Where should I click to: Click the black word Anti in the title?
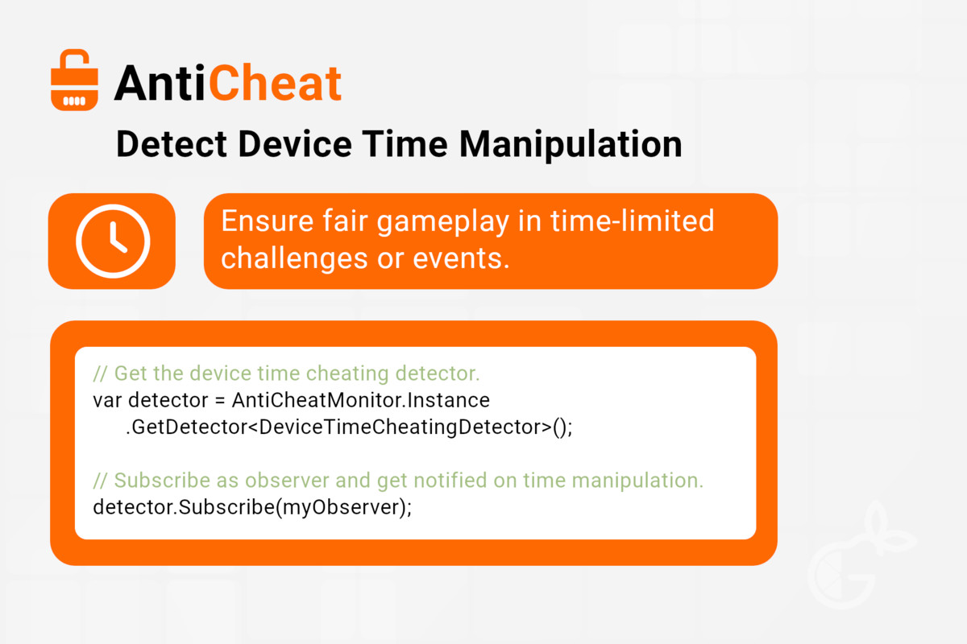160,83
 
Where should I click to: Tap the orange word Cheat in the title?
276,82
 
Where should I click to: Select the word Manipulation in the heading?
571,145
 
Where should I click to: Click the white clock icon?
113,242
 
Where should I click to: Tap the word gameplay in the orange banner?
443,222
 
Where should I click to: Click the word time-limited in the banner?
632,221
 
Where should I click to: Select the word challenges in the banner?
294,259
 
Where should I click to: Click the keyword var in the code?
107,400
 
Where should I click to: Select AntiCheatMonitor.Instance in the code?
361,400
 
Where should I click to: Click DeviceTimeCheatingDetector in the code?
405,427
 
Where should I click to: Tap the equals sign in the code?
220,401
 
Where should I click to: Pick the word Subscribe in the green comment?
162,480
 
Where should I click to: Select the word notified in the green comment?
432,480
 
